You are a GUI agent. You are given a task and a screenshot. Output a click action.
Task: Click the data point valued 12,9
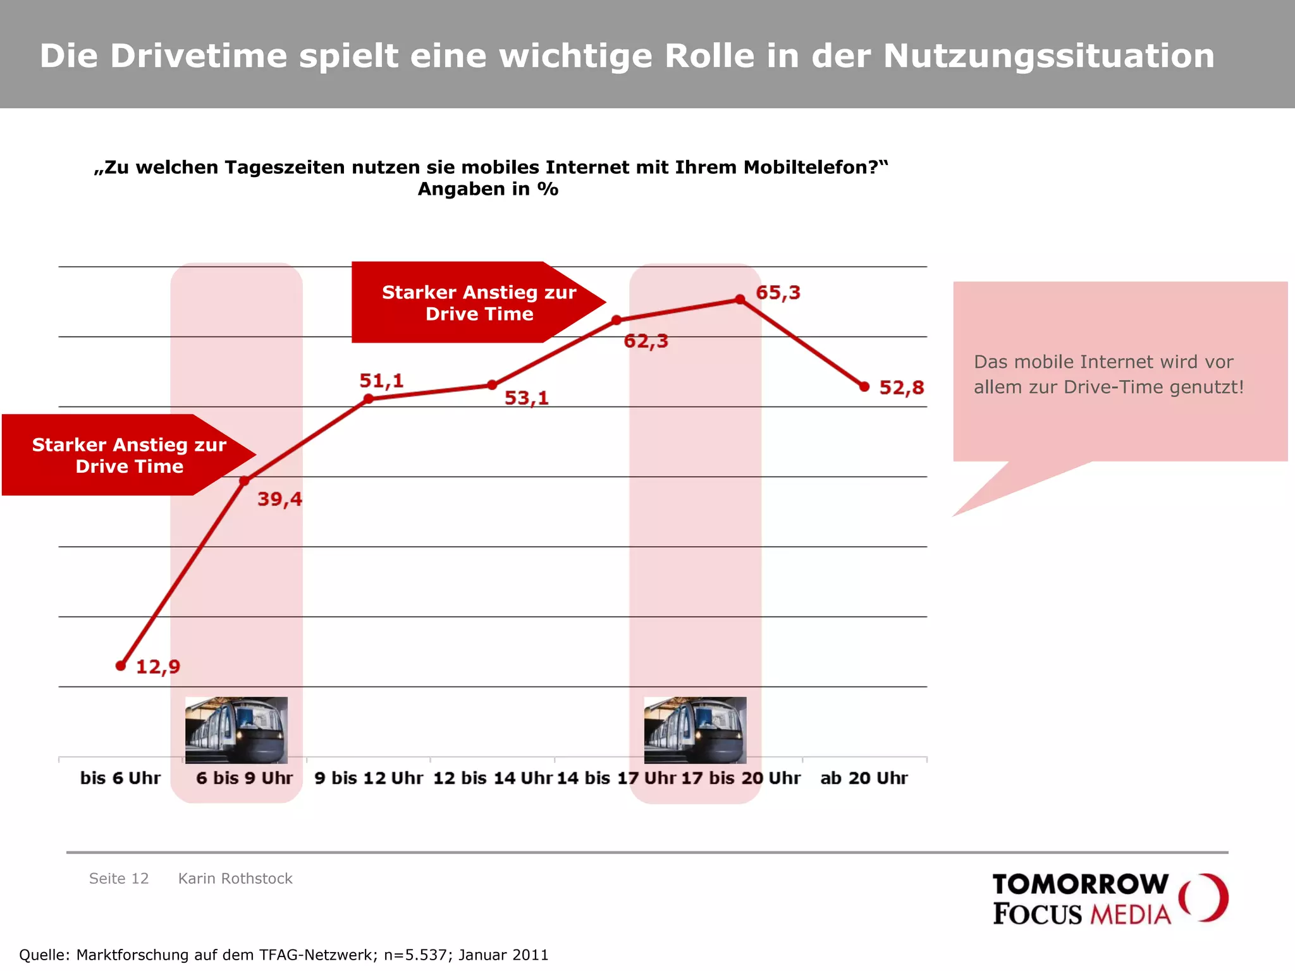tap(121, 666)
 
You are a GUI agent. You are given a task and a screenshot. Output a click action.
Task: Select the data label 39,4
tap(279, 499)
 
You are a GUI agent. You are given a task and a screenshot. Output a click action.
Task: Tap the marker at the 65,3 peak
tap(740, 299)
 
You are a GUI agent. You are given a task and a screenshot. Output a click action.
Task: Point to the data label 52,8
tap(902, 388)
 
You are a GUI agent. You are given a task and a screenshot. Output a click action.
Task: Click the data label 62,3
tap(646, 341)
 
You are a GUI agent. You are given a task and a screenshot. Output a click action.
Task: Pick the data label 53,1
tap(526, 398)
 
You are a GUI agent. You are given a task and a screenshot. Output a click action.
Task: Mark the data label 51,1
tap(381, 381)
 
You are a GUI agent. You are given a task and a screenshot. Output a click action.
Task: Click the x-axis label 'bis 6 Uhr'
tap(120, 778)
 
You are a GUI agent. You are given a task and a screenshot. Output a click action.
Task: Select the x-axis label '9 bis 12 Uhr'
tap(369, 778)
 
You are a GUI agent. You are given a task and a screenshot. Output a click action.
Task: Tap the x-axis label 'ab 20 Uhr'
tap(864, 778)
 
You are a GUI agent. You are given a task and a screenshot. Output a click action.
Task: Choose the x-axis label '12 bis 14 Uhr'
tap(493, 778)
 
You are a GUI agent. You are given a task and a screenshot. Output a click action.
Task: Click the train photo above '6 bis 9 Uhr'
tap(236, 730)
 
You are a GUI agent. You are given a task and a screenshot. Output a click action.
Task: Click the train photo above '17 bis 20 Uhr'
tap(695, 730)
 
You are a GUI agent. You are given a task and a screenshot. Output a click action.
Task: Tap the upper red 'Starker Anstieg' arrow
tap(468, 303)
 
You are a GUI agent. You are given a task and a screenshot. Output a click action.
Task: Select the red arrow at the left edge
tap(120, 455)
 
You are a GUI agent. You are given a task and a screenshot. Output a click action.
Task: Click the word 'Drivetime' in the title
tap(199, 56)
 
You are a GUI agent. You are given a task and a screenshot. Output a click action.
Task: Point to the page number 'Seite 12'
tap(119, 879)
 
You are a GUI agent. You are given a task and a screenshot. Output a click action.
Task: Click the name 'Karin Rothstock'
tap(235, 879)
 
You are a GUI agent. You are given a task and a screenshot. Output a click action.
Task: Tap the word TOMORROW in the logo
tap(1080, 884)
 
